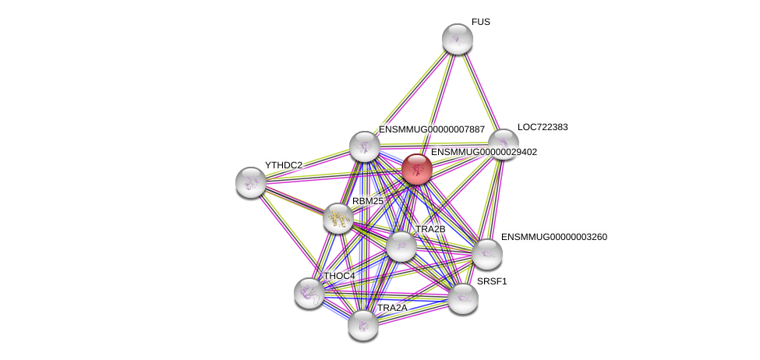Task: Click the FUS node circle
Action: (x=457, y=39)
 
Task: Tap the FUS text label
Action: (x=480, y=22)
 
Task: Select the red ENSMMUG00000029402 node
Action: (x=416, y=168)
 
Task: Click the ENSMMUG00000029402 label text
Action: (x=483, y=152)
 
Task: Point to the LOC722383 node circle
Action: (x=503, y=143)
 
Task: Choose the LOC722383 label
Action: (x=543, y=126)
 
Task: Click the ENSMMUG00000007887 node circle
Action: (x=364, y=146)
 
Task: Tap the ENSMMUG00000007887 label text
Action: (x=432, y=129)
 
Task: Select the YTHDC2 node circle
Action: (x=250, y=182)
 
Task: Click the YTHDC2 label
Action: (x=283, y=165)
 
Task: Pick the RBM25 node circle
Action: (x=338, y=218)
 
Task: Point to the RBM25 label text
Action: (x=367, y=201)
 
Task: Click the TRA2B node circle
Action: (x=401, y=246)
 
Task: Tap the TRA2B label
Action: (x=430, y=229)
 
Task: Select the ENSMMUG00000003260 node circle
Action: (x=486, y=253)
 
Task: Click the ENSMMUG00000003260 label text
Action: (x=553, y=236)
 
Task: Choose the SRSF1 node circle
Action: (x=462, y=298)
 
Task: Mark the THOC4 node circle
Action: (x=309, y=292)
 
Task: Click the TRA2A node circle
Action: (x=363, y=324)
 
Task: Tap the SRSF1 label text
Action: (x=492, y=281)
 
